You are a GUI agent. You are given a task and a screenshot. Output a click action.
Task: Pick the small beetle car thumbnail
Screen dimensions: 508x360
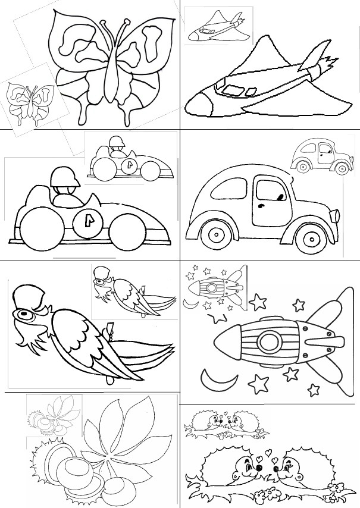320,158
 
